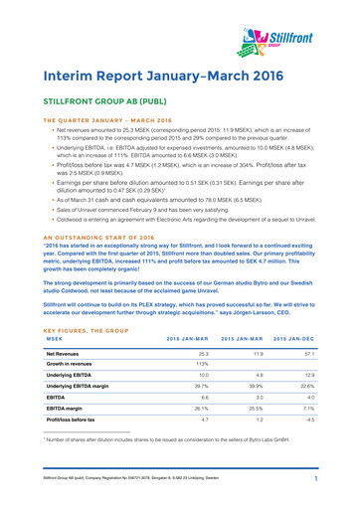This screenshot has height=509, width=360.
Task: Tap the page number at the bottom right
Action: click(339, 493)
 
